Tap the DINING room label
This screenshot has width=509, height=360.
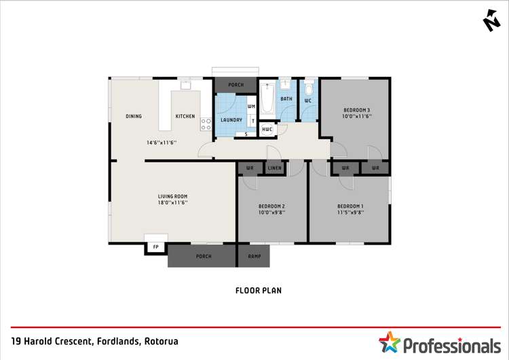click(134, 116)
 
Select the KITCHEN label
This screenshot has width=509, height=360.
click(185, 116)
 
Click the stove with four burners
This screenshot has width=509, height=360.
click(206, 124)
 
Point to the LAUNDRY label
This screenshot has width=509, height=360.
click(231, 120)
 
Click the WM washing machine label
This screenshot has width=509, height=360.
click(251, 107)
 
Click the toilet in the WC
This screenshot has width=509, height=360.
click(309, 90)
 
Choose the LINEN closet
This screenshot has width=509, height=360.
click(274, 168)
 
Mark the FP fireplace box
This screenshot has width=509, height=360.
click(155, 247)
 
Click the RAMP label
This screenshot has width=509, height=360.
click(254, 257)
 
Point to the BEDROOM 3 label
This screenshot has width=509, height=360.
click(356, 109)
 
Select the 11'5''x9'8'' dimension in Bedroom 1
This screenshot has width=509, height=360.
click(350, 212)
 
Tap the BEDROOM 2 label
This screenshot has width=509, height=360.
click(271, 206)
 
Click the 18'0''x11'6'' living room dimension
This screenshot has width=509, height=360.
click(172, 202)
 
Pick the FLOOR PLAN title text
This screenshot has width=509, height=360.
click(258, 290)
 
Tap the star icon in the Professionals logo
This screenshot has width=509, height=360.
click(390, 343)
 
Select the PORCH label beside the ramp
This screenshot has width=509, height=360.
click(203, 257)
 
